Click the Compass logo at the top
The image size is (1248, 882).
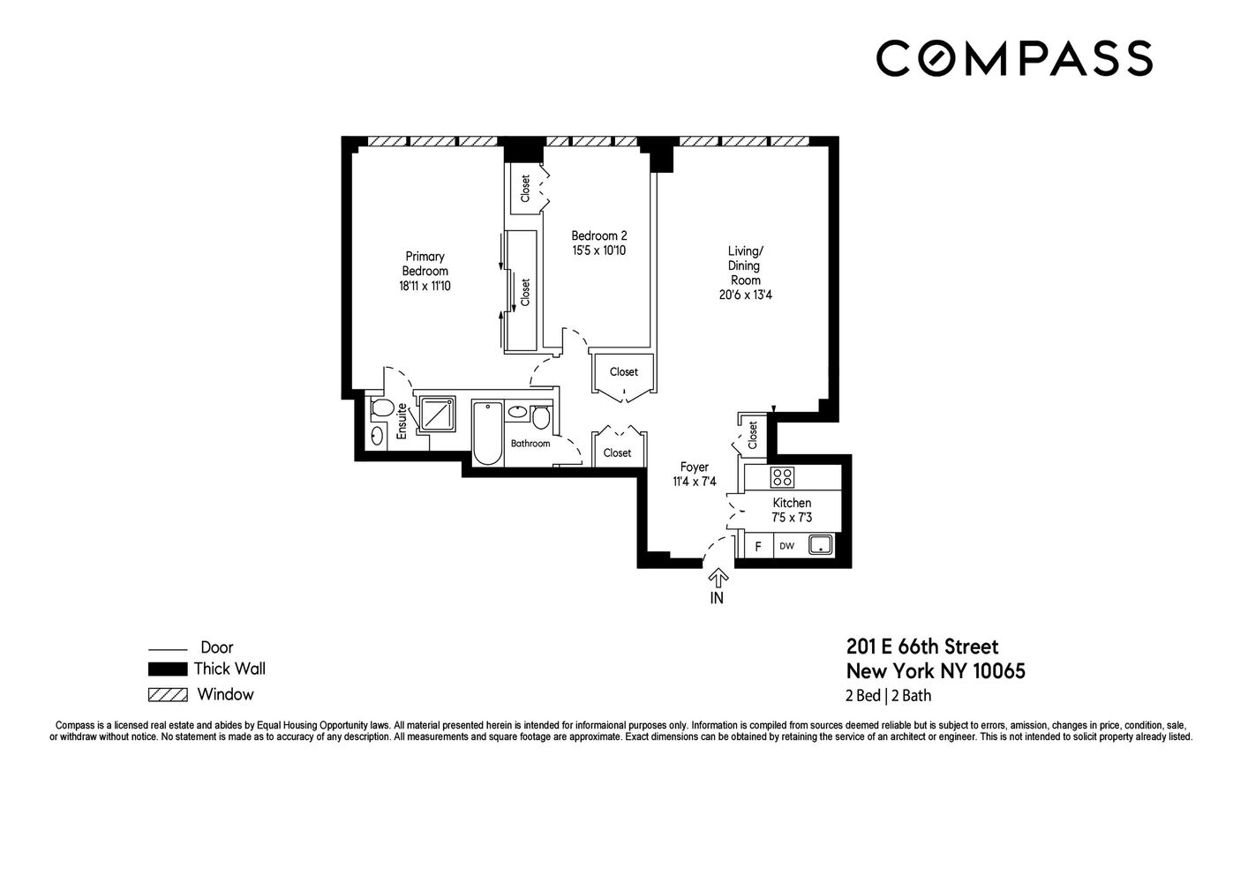pos(1015,58)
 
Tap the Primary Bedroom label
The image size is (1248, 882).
pos(425,264)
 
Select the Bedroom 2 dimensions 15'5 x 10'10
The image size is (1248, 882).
pos(599,250)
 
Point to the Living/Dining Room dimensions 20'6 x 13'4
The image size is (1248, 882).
pos(746,295)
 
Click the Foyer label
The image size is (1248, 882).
pos(695,467)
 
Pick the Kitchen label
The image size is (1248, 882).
pos(792,503)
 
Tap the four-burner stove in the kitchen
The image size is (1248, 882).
pos(782,477)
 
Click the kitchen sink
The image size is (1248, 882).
pos(821,544)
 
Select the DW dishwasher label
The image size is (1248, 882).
pos(786,546)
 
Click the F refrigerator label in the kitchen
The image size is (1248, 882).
pos(757,547)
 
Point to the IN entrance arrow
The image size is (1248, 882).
pos(718,579)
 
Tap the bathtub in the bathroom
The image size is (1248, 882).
pos(487,433)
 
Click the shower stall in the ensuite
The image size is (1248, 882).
pos(438,414)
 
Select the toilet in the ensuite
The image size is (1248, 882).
pos(382,408)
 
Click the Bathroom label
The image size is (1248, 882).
pos(530,444)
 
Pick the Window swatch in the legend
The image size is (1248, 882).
pos(167,695)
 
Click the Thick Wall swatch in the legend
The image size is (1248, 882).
pos(167,669)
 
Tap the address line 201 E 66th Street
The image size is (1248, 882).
pos(922,647)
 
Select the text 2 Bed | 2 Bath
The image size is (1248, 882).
pos(889,696)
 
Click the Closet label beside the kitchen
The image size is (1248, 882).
pos(753,435)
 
